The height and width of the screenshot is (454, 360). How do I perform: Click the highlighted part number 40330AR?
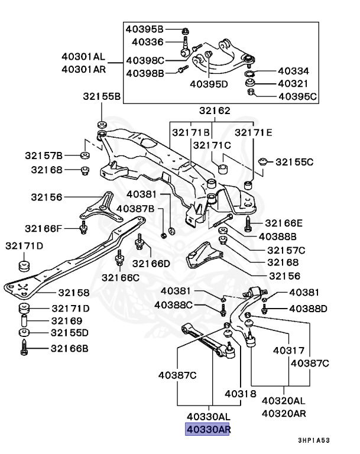207,430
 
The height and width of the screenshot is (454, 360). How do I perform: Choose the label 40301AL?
83,57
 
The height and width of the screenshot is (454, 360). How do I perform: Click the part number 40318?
240,393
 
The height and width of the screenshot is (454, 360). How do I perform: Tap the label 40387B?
135,208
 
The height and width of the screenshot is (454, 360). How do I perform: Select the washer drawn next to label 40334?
250,73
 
